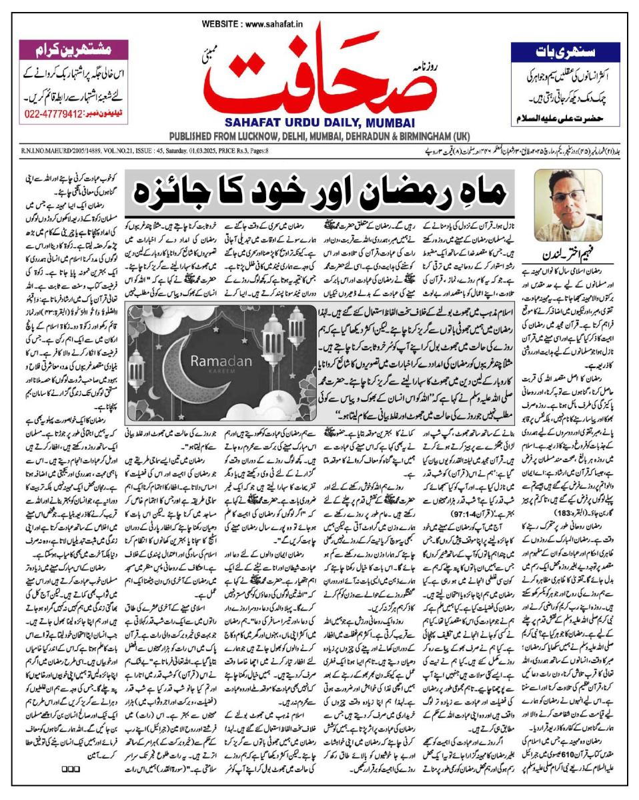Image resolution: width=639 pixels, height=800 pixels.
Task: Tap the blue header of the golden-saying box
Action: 565,51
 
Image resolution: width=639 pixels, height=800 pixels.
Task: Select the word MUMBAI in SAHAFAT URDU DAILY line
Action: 374,123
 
